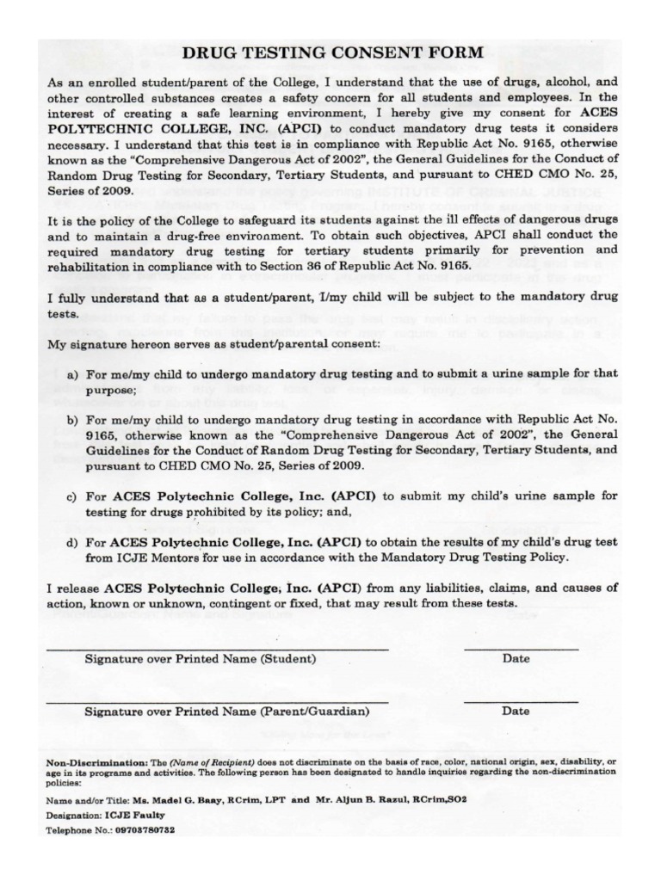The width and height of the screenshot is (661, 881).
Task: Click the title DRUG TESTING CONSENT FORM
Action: pyautogui.click(x=332, y=53)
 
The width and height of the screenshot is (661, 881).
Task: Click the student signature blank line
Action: pyautogui.click(x=216, y=647)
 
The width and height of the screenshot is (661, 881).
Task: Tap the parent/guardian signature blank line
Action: pyautogui.click(x=216, y=701)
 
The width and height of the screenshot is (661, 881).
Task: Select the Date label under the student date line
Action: pyautogui.click(x=516, y=659)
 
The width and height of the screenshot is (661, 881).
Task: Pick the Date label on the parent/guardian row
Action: pyautogui.click(x=516, y=712)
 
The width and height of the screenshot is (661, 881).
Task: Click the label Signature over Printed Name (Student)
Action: pyautogui.click(x=200, y=659)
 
